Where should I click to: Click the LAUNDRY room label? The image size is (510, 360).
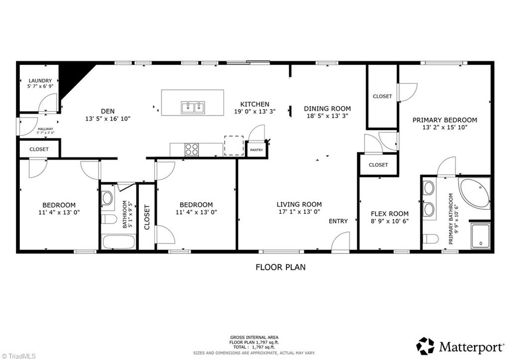click(x=40, y=81)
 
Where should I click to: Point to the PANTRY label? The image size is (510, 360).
click(x=256, y=150)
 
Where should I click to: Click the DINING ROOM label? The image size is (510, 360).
click(x=327, y=109)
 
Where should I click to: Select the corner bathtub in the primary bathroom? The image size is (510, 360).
click(x=475, y=193)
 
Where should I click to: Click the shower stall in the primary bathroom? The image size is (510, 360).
click(x=480, y=236)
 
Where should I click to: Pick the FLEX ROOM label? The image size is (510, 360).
click(x=389, y=214)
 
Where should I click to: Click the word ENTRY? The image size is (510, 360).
click(x=338, y=222)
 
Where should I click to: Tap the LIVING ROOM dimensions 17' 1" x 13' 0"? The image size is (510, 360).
click(x=299, y=212)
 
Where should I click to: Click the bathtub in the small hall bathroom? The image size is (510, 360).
click(x=118, y=242)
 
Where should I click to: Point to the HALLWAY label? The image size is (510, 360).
click(x=46, y=129)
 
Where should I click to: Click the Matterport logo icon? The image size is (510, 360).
click(x=425, y=346)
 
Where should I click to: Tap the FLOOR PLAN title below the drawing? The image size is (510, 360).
click(x=280, y=267)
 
